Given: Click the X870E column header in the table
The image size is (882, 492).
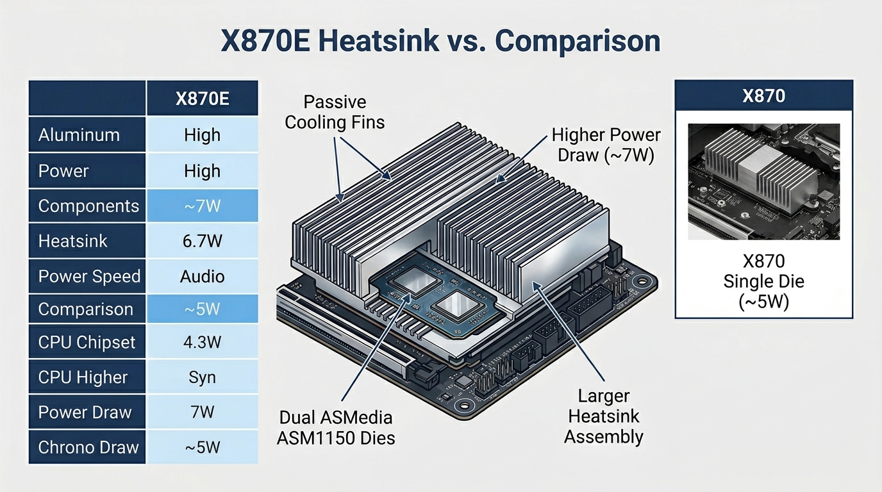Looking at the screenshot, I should (x=202, y=99).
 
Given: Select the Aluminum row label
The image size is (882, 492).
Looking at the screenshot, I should (x=79, y=135).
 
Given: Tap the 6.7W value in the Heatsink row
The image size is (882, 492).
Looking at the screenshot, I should (x=202, y=241).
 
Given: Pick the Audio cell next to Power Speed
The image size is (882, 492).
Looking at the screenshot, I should (x=202, y=277).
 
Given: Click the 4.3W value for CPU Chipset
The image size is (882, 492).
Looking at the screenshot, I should (x=202, y=342).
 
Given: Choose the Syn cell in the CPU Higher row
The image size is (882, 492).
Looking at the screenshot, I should (x=202, y=377).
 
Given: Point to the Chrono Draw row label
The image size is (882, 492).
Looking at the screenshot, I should (x=88, y=447).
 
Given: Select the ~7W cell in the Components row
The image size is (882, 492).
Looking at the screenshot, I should (x=202, y=206).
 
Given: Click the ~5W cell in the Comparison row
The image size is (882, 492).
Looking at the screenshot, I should (x=202, y=309).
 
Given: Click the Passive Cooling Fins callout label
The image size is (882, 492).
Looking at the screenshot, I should (x=335, y=112).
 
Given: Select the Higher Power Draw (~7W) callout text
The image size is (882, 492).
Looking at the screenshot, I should (x=605, y=145).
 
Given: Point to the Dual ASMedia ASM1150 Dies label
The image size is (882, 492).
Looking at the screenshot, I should (x=336, y=428).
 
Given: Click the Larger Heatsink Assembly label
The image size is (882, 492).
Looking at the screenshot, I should (x=603, y=416).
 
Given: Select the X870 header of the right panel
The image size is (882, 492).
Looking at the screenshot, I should (x=763, y=97).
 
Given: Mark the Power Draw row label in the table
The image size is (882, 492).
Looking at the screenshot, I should (x=85, y=413).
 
